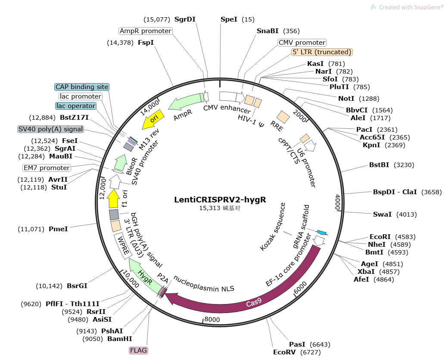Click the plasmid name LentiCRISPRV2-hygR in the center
coord(220,200)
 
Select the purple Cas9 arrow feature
coord(254,302)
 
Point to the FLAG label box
coord(139,351)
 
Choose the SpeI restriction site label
coord(229,19)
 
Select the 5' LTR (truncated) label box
coord(322,52)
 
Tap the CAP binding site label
coord(82,87)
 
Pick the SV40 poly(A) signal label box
coord(50,129)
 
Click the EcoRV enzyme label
coord(285,352)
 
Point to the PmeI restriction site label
coord(58,229)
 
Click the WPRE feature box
coord(122,246)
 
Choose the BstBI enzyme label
coord(379,164)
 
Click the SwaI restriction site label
coord(383,214)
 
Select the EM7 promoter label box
coord(46,168)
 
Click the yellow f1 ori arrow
coord(114,199)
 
